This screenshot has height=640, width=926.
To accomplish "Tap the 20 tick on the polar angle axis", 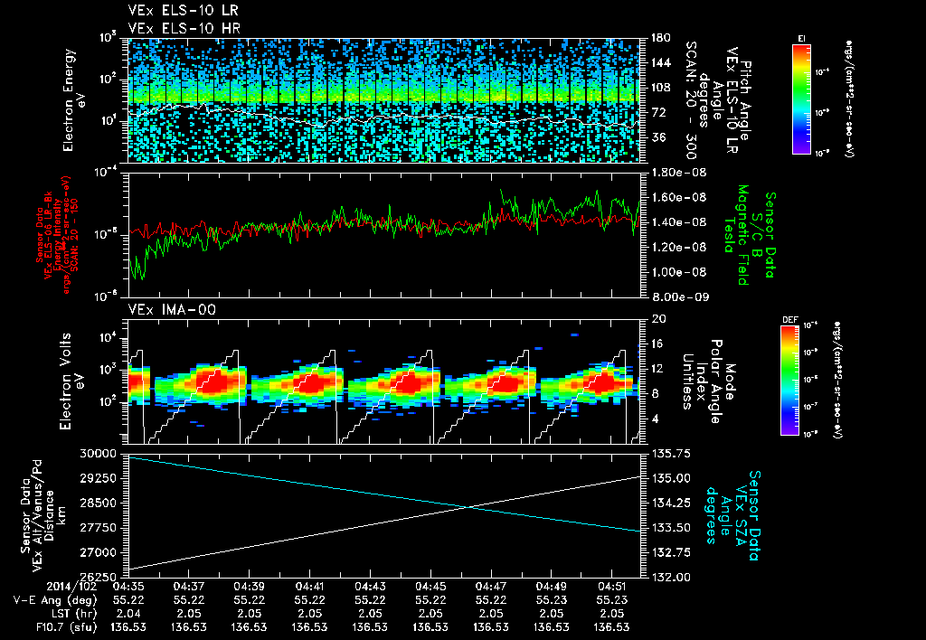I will click(656, 318).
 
